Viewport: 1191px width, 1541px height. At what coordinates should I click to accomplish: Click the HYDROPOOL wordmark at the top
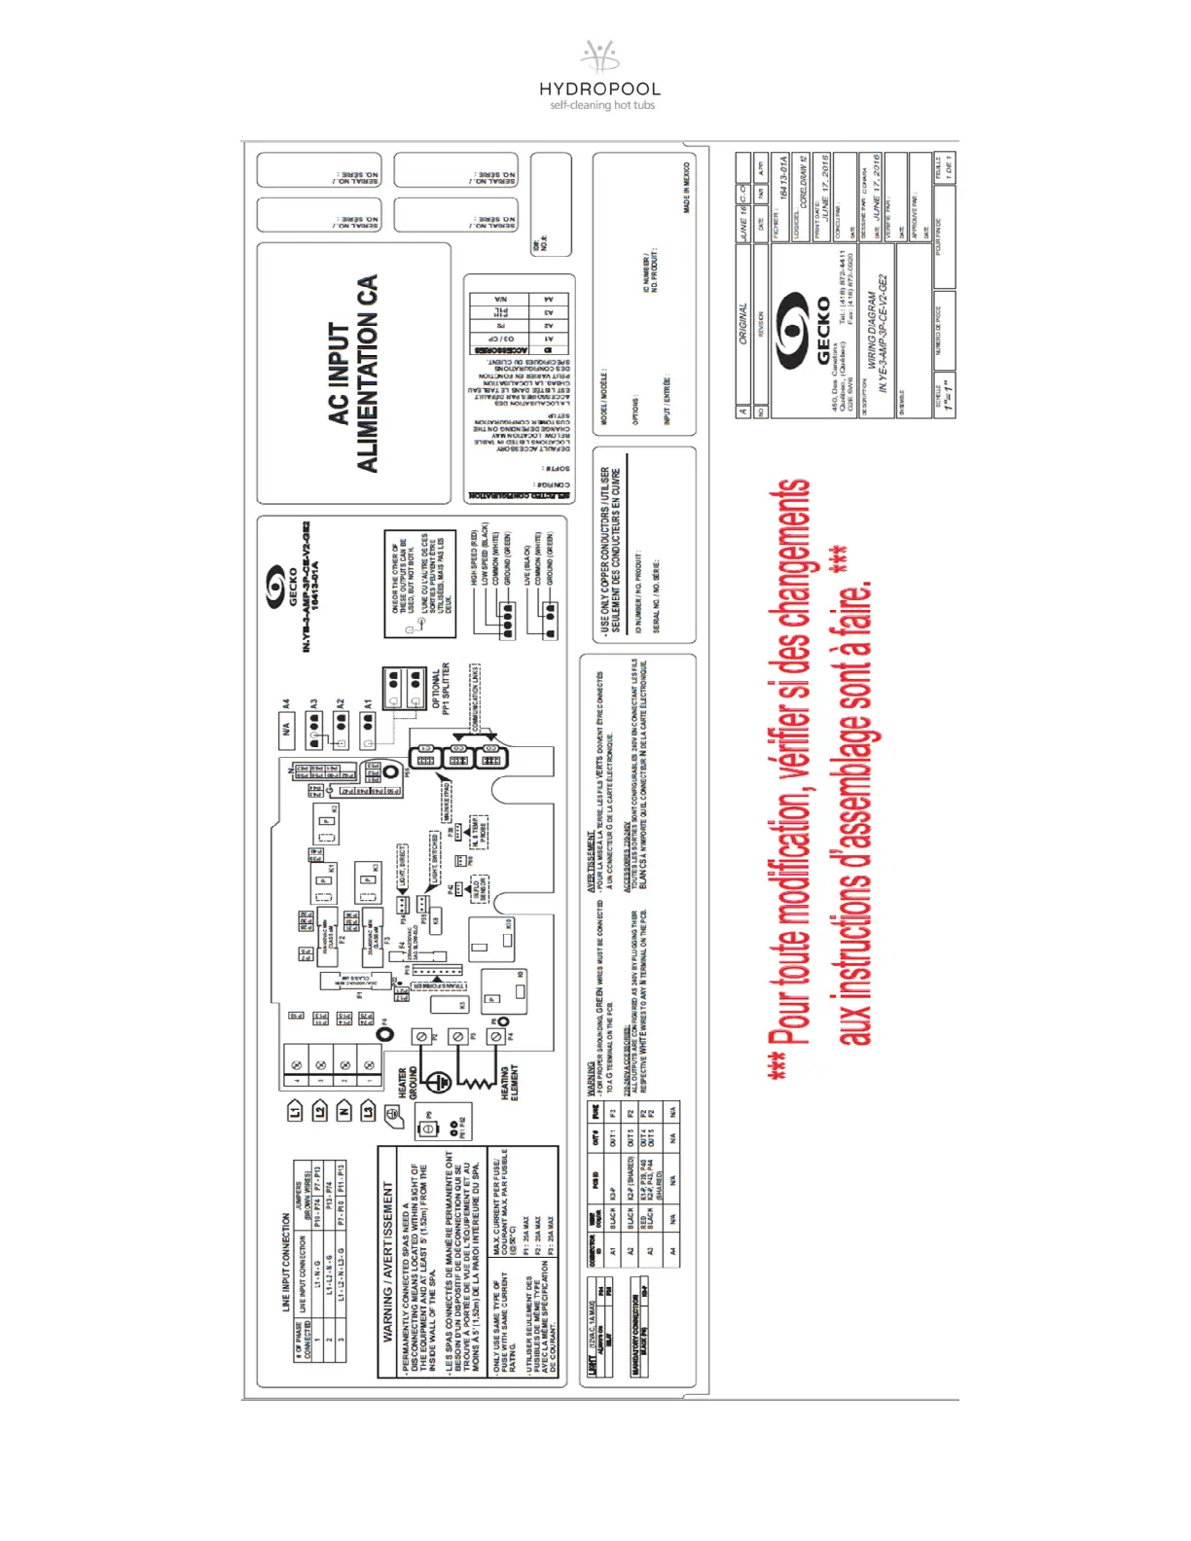pos(599,89)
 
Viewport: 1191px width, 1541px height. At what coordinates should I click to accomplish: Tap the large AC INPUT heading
pos(338,374)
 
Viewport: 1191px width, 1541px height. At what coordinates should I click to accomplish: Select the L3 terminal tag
pos(369,1110)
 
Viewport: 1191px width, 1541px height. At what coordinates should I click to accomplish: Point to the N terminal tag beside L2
pos(344,1110)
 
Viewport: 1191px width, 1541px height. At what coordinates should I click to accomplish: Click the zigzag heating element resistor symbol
pos(476,1081)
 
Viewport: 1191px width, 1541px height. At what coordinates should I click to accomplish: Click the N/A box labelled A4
pos(287,728)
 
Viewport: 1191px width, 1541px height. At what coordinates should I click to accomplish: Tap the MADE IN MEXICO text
pos(687,188)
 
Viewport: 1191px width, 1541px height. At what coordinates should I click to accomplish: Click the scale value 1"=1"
pos(947,394)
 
